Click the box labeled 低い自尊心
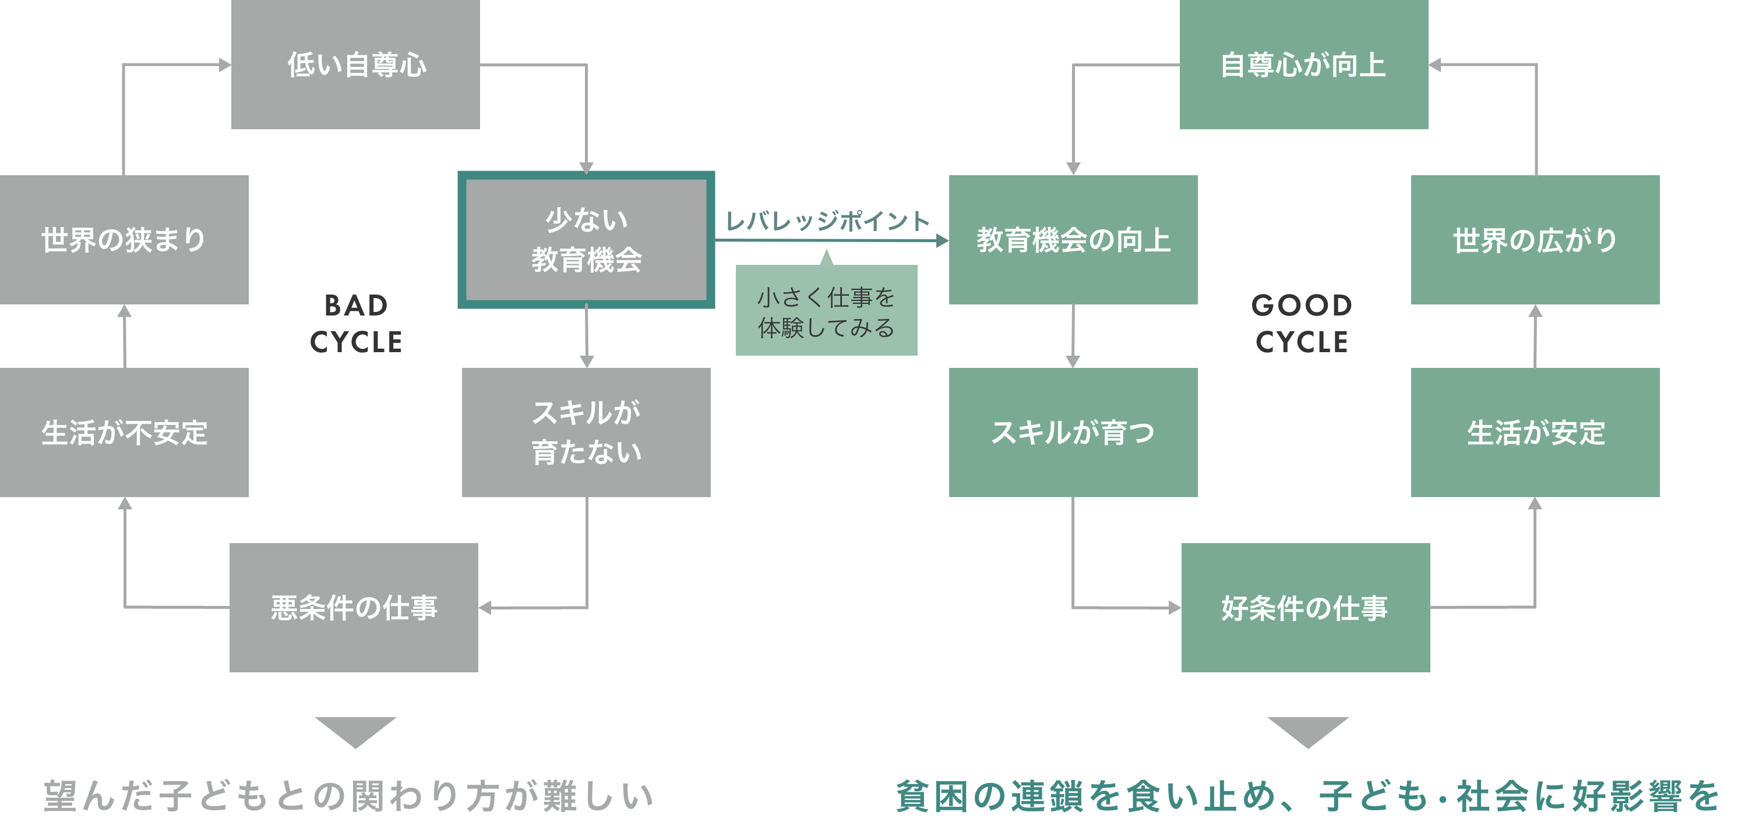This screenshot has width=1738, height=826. click(355, 65)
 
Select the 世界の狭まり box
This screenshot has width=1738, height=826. click(124, 239)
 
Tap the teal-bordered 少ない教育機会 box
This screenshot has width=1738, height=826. click(586, 240)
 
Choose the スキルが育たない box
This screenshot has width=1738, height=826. click(586, 433)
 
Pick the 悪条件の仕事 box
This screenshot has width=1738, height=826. click(354, 608)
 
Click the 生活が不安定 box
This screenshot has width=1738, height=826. click(124, 433)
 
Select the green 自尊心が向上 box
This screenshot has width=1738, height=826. click(1303, 65)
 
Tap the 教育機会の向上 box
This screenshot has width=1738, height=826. click(1073, 239)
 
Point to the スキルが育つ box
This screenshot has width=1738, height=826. click(1073, 433)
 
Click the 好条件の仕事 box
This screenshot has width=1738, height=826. click(1305, 608)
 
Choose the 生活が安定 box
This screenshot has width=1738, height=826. click(1535, 433)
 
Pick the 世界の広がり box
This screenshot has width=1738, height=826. click(1535, 239)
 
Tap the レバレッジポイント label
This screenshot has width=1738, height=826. click(827, 221)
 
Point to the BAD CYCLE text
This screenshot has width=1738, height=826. click(355, 324)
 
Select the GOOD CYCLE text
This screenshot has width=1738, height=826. click(1302, 324)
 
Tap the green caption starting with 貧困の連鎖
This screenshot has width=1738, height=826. click(1307, 796)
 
